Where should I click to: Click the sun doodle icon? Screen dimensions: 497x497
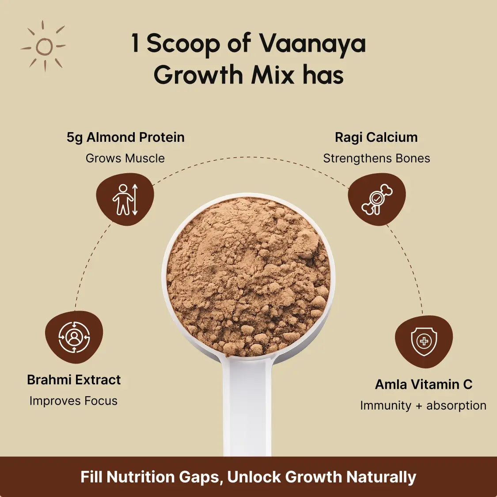[x=43, y=46]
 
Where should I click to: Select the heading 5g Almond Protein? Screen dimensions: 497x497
[x=125, y=137]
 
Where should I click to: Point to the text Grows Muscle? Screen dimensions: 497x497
[x=125, y=158]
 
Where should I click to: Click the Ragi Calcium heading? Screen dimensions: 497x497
[x=376, y=137]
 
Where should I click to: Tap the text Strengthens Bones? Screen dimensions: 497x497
[x=376, y=158]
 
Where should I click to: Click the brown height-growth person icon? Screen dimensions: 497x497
[x=125, y=200]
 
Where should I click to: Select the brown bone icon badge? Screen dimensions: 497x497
[x=377, y=200]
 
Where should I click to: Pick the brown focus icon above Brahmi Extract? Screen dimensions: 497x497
[x=74, y=338]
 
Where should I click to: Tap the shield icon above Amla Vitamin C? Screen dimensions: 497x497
[x=424, y=341]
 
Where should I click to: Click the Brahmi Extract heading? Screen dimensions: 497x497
[x=74, y=380]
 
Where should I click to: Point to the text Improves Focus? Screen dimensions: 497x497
[x=73, y=401]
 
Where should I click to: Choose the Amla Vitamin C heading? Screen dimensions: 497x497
[x=424, y=384]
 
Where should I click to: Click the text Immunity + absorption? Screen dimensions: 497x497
[x=423, y=406]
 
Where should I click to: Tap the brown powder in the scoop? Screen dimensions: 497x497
[x=248, y=276]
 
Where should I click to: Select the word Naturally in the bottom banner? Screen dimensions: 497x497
[x=381, y=477]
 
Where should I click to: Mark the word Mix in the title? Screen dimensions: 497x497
[x=273, y=75]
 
